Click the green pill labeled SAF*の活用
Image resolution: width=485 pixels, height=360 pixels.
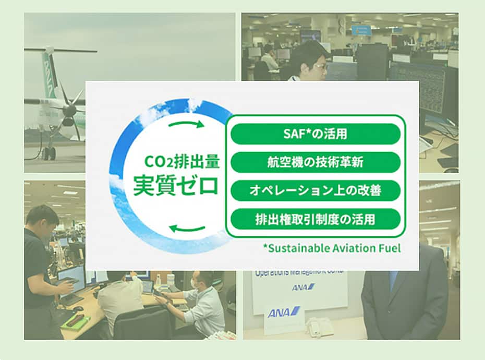coord(316,134)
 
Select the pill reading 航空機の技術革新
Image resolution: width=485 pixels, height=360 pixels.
coord(316,162)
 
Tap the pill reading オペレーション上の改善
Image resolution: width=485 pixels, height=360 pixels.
coord(316,190)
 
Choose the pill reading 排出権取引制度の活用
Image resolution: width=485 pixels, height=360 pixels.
coord(316,219)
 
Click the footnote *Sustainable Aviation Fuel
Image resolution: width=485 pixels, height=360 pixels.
coord(332,248)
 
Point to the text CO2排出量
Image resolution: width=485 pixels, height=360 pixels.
coord(182,162)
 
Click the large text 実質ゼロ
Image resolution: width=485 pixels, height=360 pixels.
coord(176,186)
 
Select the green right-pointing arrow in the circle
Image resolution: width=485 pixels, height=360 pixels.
coord(186,124)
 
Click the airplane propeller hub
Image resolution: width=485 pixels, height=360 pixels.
coord(69,109)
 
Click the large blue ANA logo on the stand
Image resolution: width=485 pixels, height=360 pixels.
coord(284,312)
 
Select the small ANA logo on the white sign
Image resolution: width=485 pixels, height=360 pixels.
coord(303,287)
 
